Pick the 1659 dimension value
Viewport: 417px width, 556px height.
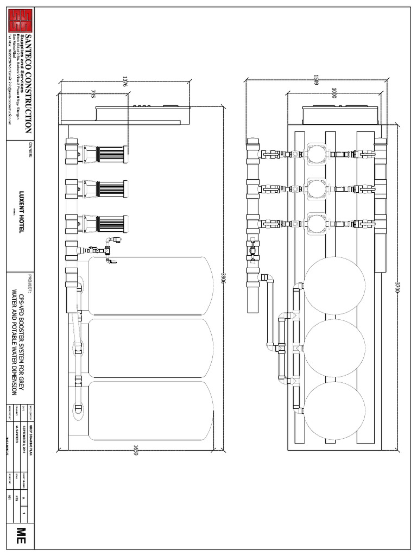pos(135,450)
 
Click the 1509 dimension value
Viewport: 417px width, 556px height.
pos(316,80)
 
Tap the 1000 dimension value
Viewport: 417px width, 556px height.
pos(333,93)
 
